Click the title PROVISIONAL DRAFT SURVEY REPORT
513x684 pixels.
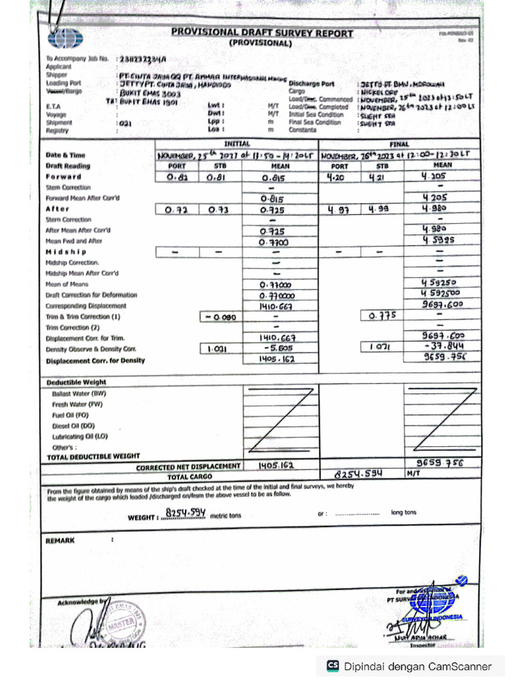click(262, 32)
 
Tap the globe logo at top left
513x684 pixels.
click(66, 38)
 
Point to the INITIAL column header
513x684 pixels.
click(236, 144)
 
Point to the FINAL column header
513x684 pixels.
click(399, 144)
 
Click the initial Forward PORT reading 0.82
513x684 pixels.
click(176, 178)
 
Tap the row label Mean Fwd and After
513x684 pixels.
click(73, 240)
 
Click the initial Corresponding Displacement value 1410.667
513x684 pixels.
click(276, 305)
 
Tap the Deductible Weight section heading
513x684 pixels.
click(76, 382)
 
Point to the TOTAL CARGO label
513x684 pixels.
click(190, 477)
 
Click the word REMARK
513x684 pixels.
click(60, 540)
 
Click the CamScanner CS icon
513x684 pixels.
click(332, 666)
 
